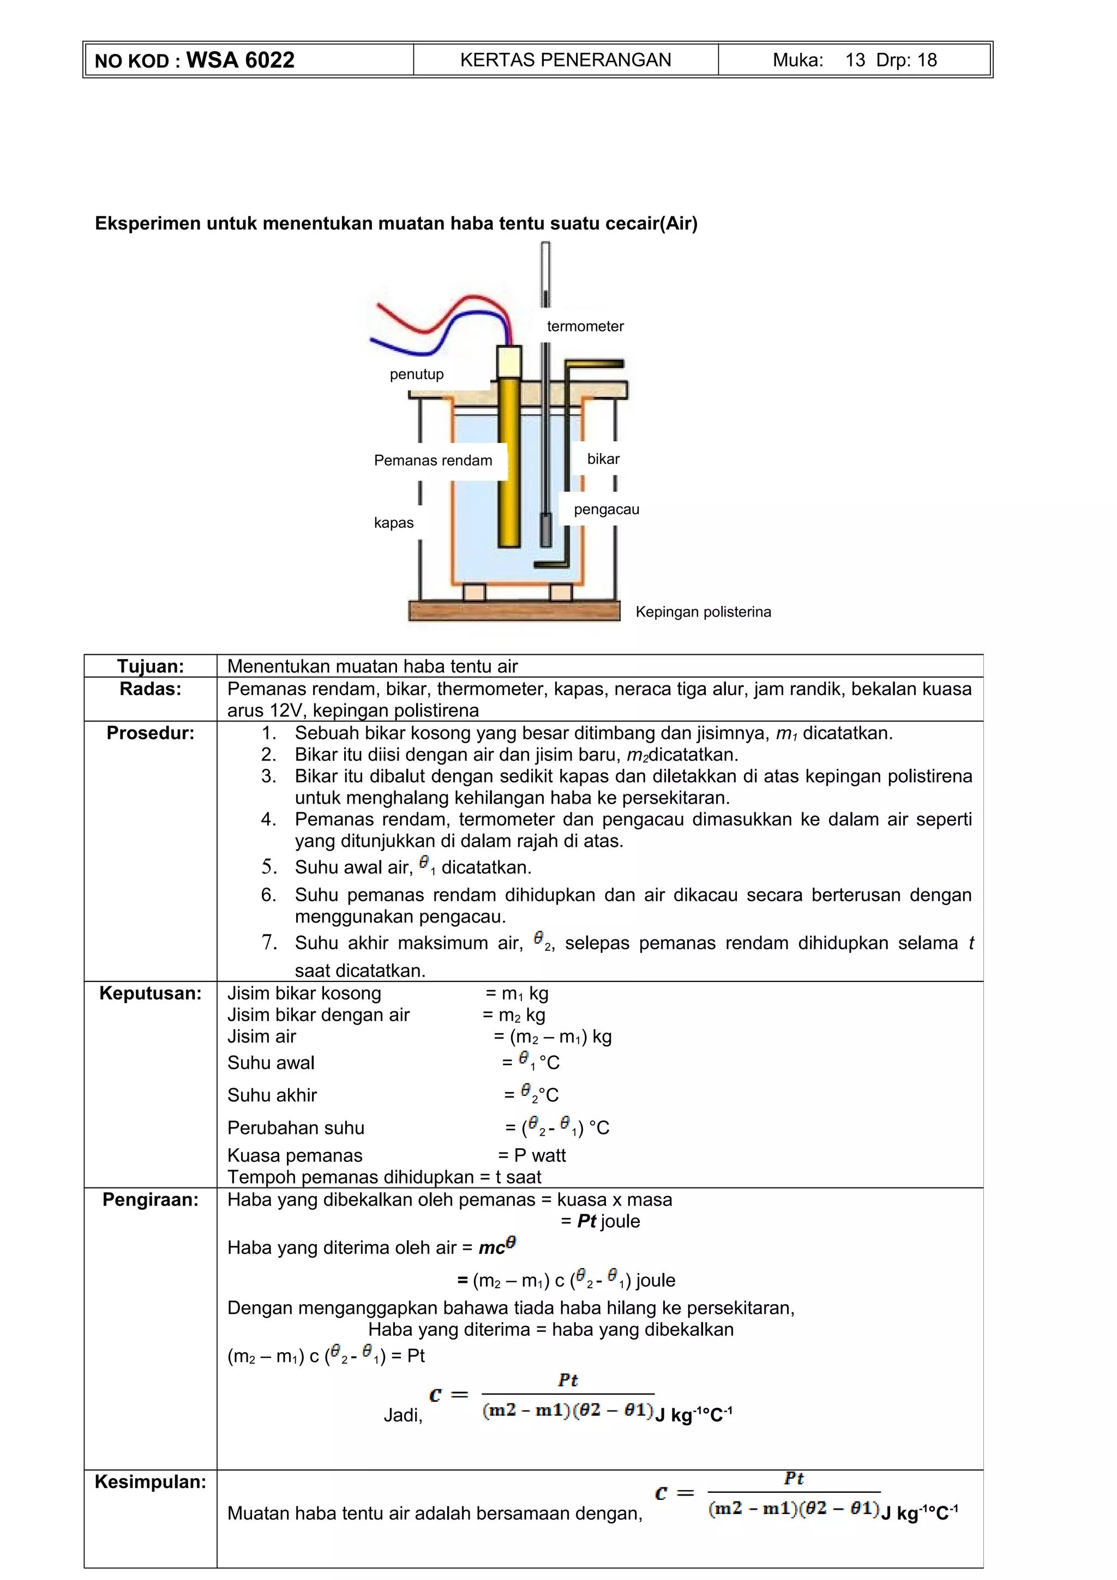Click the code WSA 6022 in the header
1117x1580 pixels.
pos(240,60)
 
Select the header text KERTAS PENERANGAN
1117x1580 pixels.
pos(565,60)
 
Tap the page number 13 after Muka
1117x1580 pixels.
pos(855,60)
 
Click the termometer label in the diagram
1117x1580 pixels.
pos(585,326)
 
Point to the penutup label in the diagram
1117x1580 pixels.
pos(416,375)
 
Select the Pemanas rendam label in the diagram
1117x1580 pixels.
pos(433,460)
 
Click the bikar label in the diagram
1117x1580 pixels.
pos(603,459)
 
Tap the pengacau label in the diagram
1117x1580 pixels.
pos(606,509)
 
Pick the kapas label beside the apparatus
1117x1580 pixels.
pos(394,523)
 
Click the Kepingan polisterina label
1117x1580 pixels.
pos(702,612)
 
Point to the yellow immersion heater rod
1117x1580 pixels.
pos(509,468)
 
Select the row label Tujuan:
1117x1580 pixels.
pos(150,666)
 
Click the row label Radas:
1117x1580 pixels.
pos(150,689)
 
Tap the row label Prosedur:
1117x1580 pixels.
pos(150,733)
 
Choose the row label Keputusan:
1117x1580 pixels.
pos(150,993)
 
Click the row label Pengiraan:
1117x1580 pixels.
pos(150,1199)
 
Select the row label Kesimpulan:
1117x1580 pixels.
pos(150,1482)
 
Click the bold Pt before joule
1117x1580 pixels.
pos(586,1221)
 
